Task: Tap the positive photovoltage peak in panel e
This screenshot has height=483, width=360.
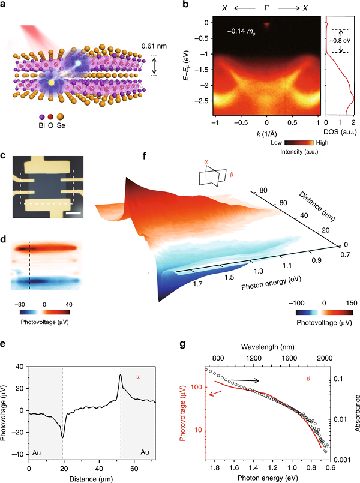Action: pos(121,376)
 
